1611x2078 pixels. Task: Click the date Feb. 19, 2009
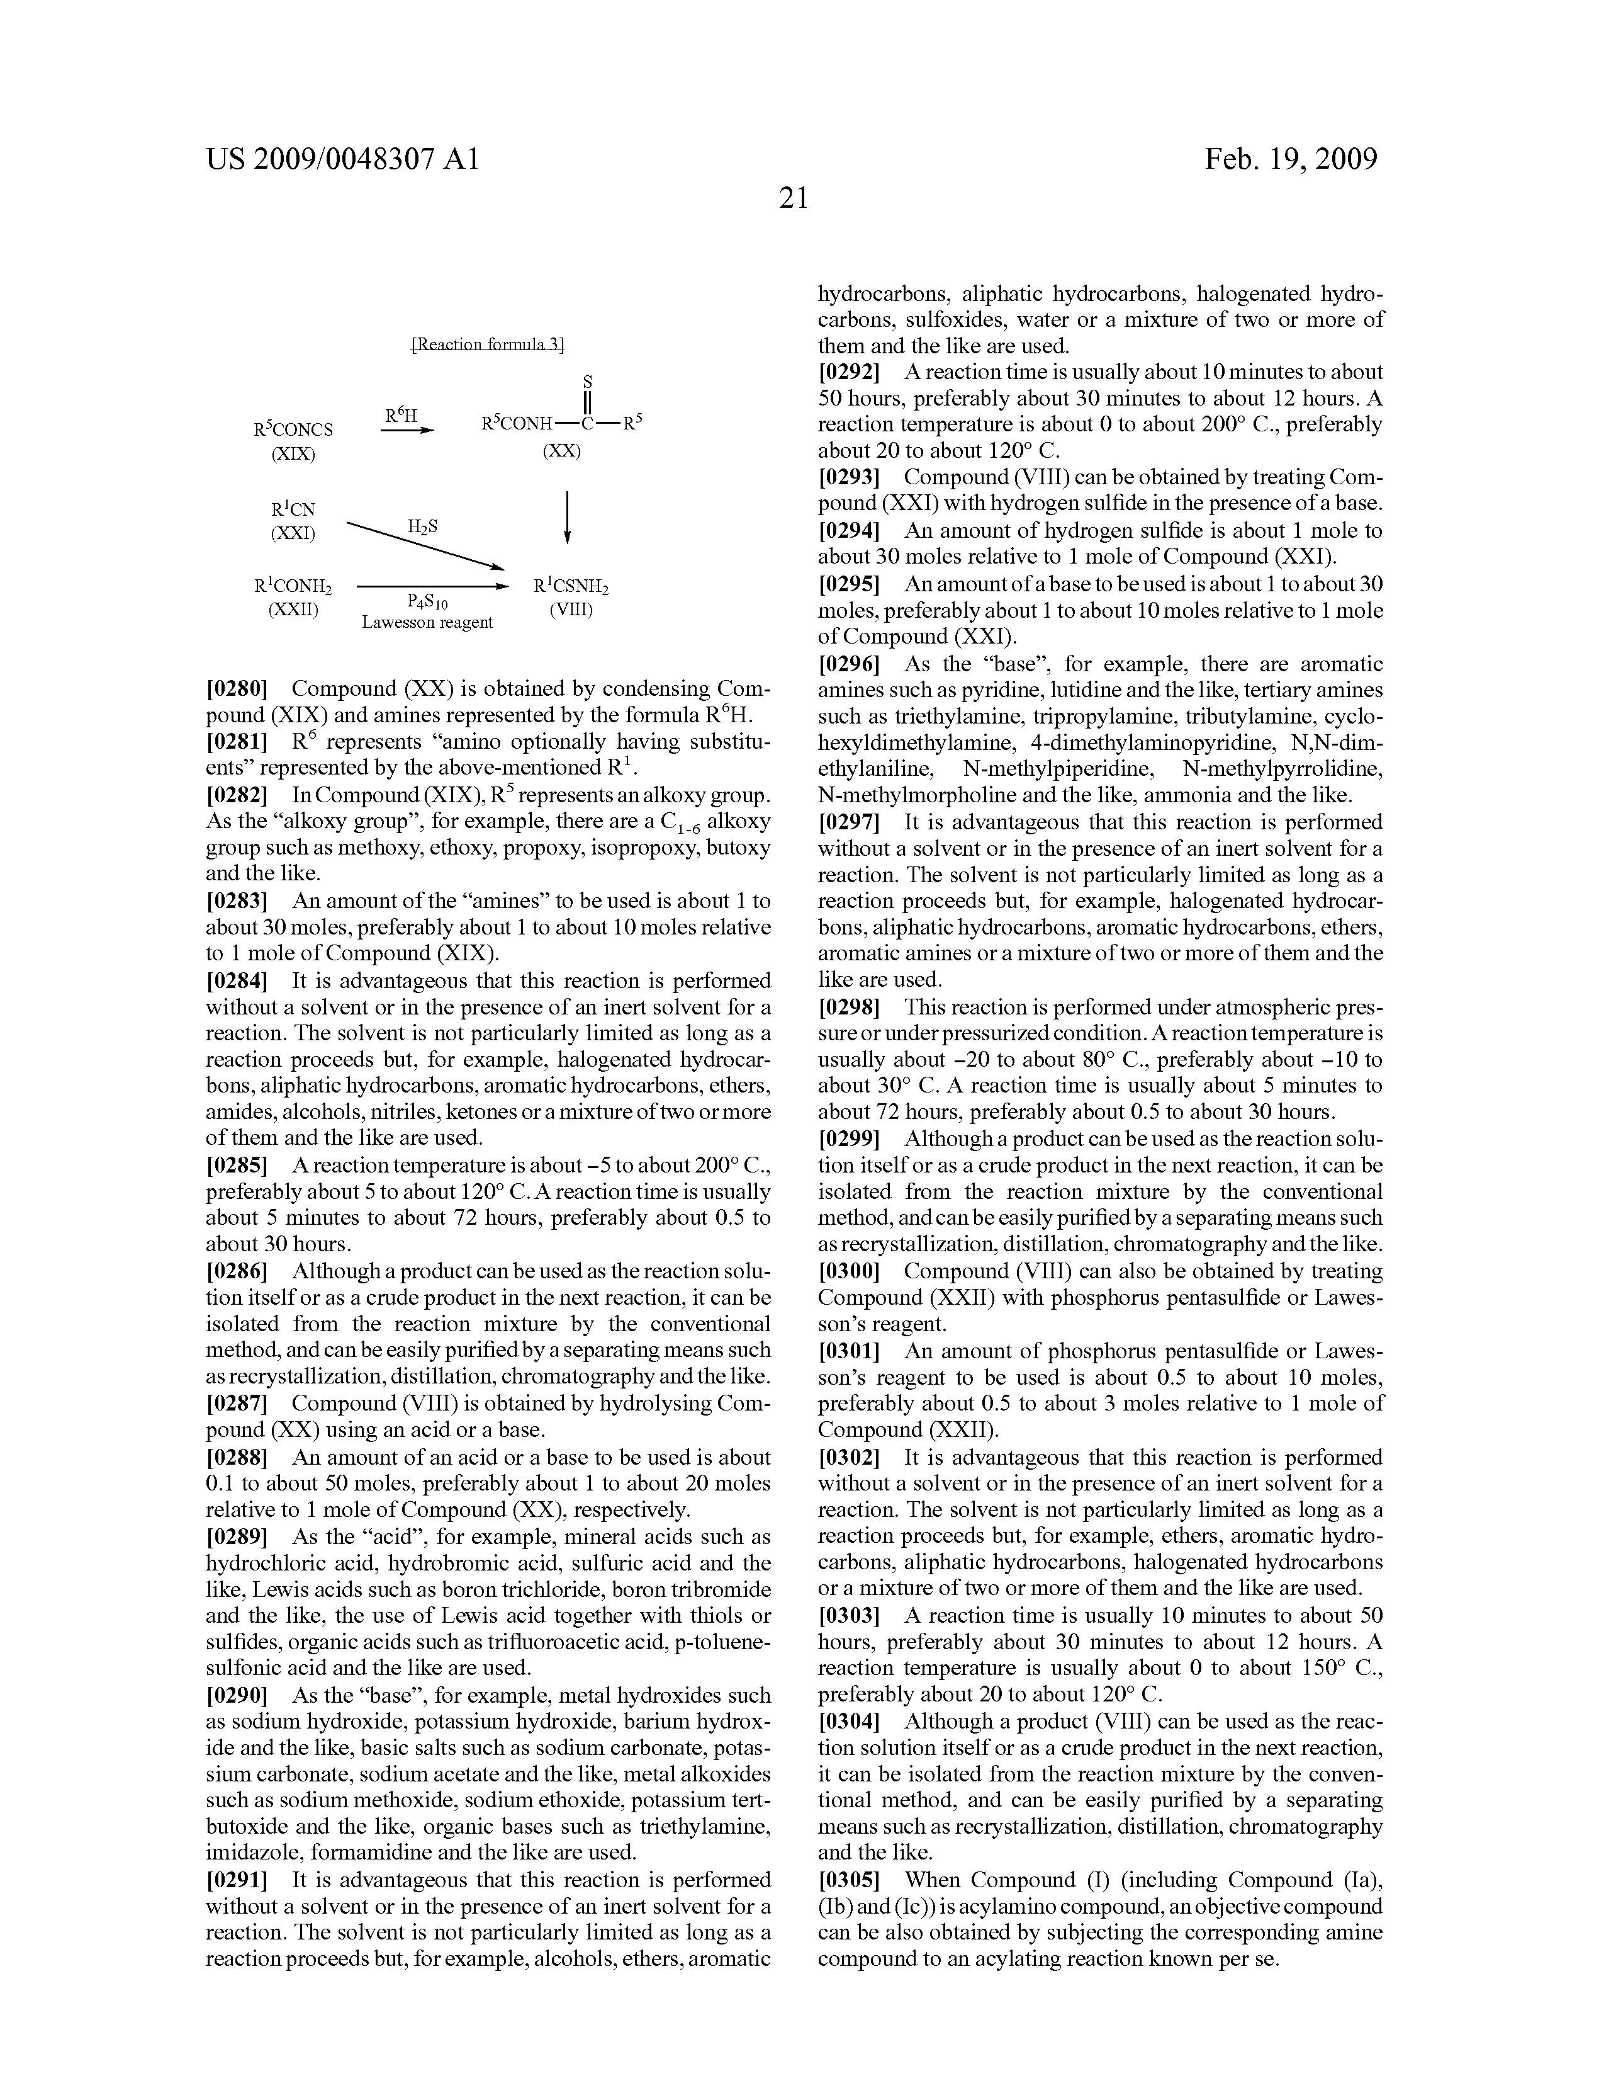[x=1291, y=158]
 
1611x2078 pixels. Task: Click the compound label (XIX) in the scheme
[x=293, y=454]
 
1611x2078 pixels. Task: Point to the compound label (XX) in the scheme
[x=561, y=450]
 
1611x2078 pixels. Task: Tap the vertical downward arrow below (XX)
[x=568, y=516]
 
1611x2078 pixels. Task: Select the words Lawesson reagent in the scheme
[x=428, y=622]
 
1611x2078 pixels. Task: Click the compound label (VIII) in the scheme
[x=571, y=610]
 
